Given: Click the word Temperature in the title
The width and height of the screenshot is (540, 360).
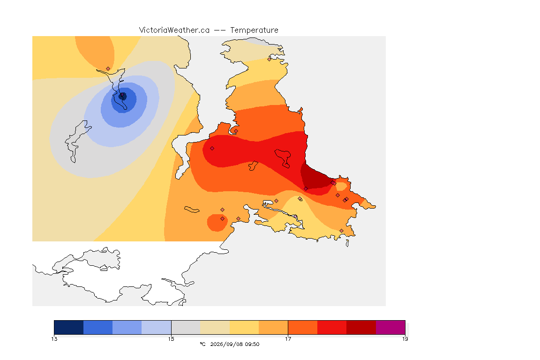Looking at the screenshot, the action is click(x=254, y=30).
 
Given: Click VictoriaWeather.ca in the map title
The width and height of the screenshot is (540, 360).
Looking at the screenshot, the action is click(x=174, y=30).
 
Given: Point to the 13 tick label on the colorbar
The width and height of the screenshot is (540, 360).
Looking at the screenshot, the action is click(x=54, y=339).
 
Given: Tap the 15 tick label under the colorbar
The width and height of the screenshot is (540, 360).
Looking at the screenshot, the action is click(x=171, y=339).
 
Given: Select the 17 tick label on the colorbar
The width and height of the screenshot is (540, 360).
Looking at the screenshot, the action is click(x=288, y=339).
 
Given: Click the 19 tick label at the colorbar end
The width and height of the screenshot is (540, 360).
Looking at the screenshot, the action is click(x=405, y=339).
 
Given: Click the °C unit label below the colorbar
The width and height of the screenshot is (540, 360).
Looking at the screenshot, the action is click(x=202, y=344).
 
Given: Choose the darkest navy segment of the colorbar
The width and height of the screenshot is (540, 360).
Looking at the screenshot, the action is click(x=69, y=327).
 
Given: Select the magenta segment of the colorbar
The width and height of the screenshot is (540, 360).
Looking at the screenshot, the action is click(x=390, y=327).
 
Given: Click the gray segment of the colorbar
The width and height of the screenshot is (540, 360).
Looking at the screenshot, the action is click(x=186, y=327).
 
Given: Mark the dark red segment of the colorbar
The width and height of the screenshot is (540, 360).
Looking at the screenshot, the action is click(x=361, y=327).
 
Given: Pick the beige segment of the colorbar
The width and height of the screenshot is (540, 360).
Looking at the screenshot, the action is click(x=215, y=327).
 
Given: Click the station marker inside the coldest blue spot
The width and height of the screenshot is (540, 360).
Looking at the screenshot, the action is click(x=122, y=95).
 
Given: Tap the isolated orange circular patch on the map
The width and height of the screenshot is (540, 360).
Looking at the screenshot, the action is click(x=217, y=223).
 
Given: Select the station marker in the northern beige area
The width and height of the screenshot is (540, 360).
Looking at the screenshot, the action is click(x=270, y=59).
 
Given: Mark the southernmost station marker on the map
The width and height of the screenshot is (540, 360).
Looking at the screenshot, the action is click(x=341, y=231).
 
